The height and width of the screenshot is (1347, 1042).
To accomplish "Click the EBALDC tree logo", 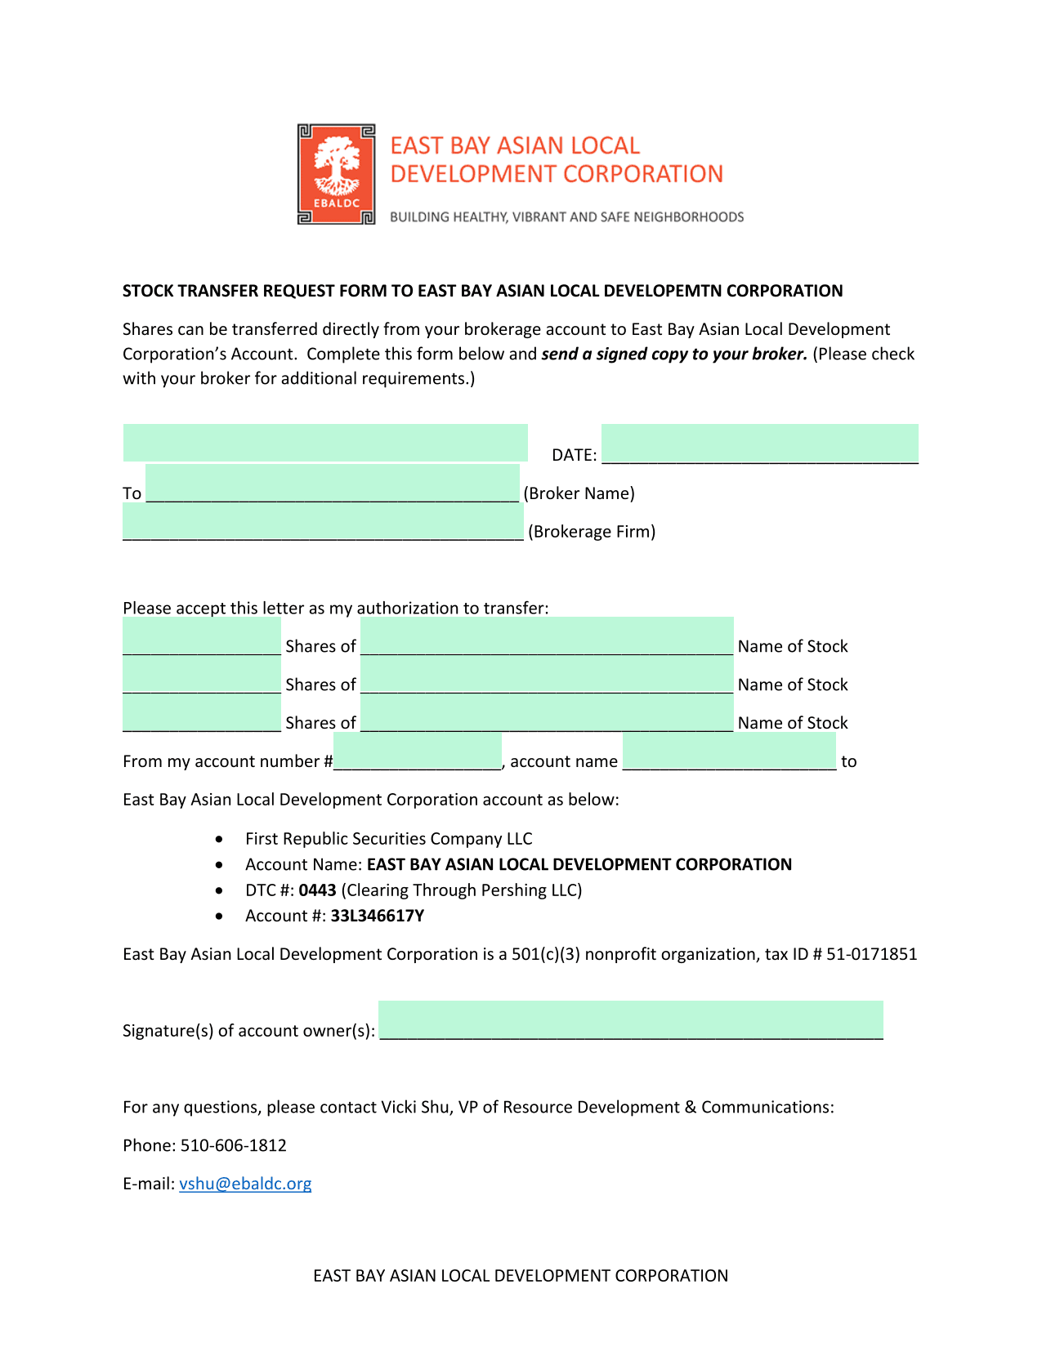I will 336,174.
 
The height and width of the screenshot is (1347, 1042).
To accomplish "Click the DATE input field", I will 759,444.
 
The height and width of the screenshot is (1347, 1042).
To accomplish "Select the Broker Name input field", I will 332,484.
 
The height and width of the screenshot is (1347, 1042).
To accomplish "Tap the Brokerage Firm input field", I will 323,522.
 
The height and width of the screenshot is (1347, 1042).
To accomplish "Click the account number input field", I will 417,752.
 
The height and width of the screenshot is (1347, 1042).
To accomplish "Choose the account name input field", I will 729,752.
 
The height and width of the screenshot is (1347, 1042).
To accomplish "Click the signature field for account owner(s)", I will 631,1021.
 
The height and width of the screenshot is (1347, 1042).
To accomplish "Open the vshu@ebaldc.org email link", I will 245,1184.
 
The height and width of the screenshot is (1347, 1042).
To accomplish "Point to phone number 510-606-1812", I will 234,1145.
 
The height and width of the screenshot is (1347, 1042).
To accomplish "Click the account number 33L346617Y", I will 377,916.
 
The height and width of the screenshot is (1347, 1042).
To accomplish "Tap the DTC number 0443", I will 317,890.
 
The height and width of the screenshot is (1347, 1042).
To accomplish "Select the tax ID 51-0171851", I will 871,954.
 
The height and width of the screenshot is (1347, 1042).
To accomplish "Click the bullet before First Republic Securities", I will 219,840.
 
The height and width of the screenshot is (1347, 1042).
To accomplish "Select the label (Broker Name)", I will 579,493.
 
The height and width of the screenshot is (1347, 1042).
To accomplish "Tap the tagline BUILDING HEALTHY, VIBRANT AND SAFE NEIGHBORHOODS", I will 566,217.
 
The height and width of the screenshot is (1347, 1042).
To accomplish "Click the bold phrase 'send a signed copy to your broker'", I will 674,354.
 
